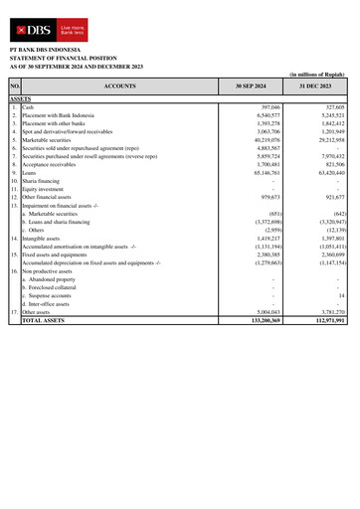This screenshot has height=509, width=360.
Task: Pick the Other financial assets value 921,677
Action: [x=330, y=197]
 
